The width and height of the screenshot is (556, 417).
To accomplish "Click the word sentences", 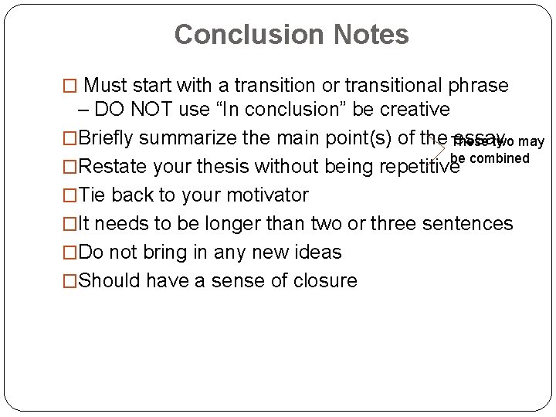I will (467, 224).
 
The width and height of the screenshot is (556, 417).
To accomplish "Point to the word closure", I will (324, 281).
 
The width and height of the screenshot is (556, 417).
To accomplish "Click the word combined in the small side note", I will (500, 158).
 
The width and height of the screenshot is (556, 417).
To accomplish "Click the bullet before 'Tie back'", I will (70, 195).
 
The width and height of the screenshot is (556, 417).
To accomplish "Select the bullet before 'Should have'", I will (70, 281).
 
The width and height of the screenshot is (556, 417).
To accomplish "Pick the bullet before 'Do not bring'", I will (70, 253).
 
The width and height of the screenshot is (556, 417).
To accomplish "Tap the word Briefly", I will (107, 138).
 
